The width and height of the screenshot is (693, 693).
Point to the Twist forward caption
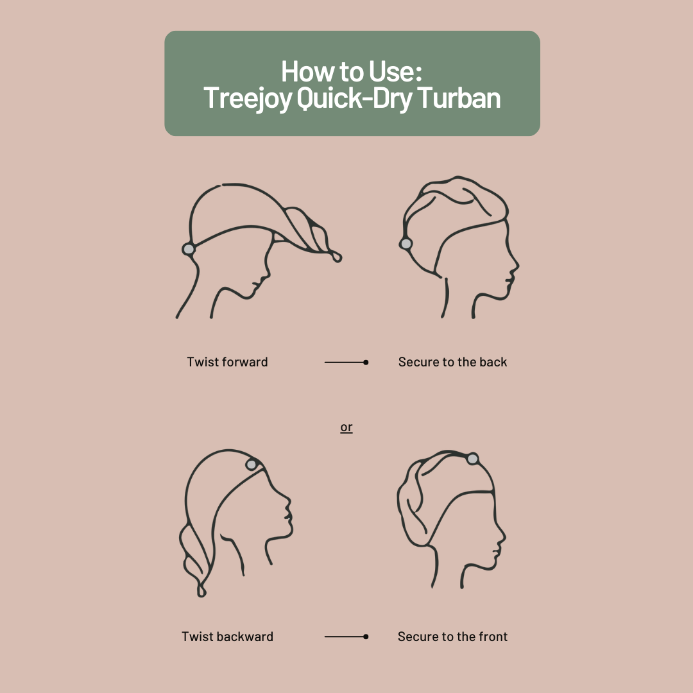click(227, 362)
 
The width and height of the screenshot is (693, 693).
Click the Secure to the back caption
click(452, 362)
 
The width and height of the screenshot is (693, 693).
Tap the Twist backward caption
click(227, 637)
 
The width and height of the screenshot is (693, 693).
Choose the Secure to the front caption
click(452, 637)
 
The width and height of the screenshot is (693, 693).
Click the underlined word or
click(346, 427)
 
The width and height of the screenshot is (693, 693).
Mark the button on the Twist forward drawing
click(189, 248)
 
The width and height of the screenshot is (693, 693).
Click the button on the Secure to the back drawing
click(406, 243)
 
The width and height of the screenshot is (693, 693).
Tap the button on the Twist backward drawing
click(252, 464)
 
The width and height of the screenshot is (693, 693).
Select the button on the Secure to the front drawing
click(473, 459)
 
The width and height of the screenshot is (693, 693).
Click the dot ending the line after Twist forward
click(366, 363)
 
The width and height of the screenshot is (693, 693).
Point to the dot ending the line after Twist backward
click(366, 637)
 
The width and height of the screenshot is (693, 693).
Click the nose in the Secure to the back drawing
click(517, 264)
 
